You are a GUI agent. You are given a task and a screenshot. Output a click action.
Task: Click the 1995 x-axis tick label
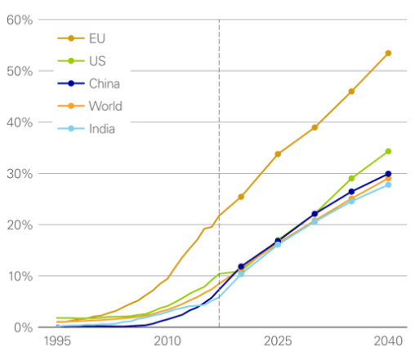[57, 341]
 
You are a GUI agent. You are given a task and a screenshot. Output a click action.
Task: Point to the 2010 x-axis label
[167, 341]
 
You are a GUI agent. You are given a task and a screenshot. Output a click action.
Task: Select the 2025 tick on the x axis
[278, 341]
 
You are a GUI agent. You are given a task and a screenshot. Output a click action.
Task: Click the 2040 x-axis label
[388, 341]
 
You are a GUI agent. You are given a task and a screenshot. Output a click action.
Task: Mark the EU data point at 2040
[388, 53]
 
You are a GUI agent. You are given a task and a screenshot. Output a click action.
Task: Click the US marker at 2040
[388, 151]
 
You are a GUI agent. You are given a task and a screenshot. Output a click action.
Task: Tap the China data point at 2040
[388, 174]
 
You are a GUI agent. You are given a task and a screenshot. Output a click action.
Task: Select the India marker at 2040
[388, 184]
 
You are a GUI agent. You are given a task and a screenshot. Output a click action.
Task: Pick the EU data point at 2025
[278, 154]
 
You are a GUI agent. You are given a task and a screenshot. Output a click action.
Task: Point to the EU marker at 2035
[351, 91]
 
